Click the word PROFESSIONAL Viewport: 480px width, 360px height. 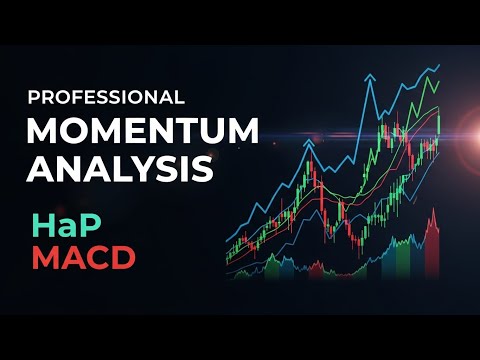pos(105,98)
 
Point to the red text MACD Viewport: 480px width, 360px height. pos(83,256)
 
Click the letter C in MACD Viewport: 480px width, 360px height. pos(97,256)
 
